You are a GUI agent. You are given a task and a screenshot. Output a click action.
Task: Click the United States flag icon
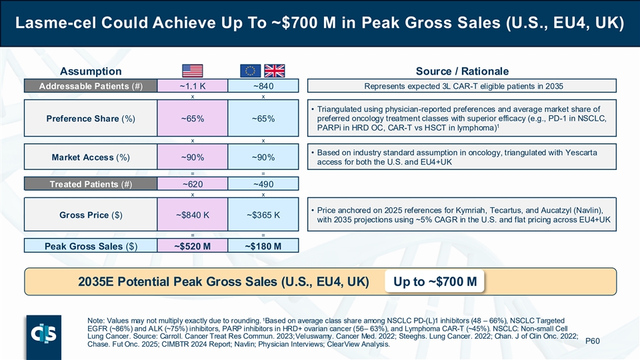pos(192,71)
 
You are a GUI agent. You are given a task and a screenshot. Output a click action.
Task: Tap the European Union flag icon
pos(251,71)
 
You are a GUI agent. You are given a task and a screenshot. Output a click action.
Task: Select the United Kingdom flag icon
pos(275,71)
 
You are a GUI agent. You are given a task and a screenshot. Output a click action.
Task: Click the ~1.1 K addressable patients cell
pos(192,86)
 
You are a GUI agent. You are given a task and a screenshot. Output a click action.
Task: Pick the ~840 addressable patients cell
pos(263,86)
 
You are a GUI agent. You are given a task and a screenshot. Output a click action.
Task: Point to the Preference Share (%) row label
pos(90,119)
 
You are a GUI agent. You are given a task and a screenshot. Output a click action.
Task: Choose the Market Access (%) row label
pos(90,157)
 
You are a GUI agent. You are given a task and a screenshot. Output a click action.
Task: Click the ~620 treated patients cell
pos(192,183)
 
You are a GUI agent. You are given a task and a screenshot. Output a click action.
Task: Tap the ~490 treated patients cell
pos(263,183)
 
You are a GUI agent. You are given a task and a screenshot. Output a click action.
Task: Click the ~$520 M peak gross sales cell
pos(192,246)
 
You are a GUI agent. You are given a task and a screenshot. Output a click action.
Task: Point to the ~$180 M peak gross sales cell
pos(263,246)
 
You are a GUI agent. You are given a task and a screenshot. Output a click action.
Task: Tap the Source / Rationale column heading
pos(462,71)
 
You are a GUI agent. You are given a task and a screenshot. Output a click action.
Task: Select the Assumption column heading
pos(91,71)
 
